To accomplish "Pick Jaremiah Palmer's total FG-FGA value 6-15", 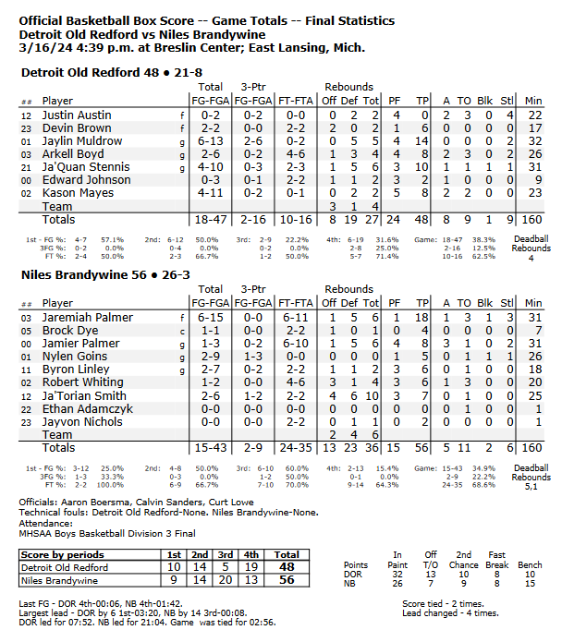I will pyautogui.click(x=210, y=318).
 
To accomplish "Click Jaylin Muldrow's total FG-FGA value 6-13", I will pyautogui.click(x=210, y=141).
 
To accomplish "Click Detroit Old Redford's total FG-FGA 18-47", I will pyautogui.click(x=210, y=221).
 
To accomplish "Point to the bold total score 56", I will pyautogui.click(x=287, y=579).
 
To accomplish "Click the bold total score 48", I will pyautogui.click(x=287, y=566).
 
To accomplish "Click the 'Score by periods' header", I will pyautogui.click(x=61, y=553).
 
